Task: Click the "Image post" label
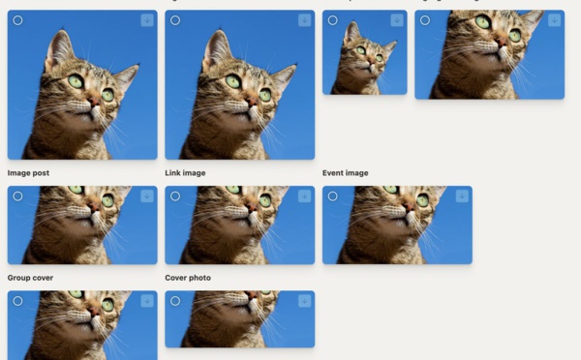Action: click(x=28, y=173)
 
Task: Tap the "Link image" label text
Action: click(x=185, y=173)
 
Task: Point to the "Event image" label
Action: click(x=345, y=173)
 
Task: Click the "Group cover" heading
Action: click(x=30, y=278)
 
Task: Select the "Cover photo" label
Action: click(x=188, y=278)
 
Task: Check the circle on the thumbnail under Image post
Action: click(x=17, y=196)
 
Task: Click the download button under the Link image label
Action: click(x=305, y=196)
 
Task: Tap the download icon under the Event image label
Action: click(x=462, y=196)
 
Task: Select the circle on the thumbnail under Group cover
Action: click(x=17, y=301)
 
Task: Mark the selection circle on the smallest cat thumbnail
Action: click(x=332, y=20)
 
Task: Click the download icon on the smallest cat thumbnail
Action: click(x=397, y=20)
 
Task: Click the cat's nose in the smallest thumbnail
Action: click(x=371, y=61)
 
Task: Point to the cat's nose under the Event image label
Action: click(x=409, y=206)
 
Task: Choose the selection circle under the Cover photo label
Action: click(x=175, y=301)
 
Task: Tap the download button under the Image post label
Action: click(x=147, y=196)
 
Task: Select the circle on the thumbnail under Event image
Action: click(x=332, y=196)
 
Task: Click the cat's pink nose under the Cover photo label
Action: click(x=252, y=295)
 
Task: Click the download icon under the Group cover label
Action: click(x=147, y=301)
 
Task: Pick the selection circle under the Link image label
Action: click(x=175, y=196)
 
